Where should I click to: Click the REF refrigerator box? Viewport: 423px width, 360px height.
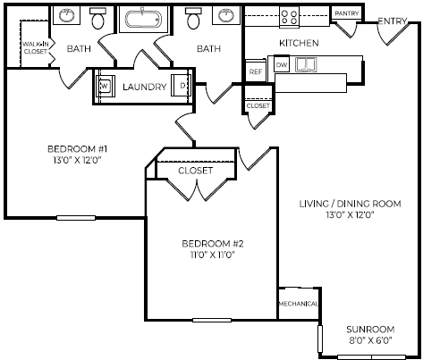pos(256,70)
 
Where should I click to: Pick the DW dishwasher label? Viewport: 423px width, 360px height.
pos(282,65)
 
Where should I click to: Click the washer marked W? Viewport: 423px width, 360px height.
pos(105,87)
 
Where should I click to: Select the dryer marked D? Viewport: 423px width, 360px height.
pos(184,87)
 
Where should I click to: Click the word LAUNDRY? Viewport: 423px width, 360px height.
pos(144,87)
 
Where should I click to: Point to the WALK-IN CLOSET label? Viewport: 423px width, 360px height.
pos(35,47)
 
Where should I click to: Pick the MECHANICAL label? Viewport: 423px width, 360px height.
pos(298,304)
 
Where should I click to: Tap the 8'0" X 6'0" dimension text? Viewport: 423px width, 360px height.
pos(371,340)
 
